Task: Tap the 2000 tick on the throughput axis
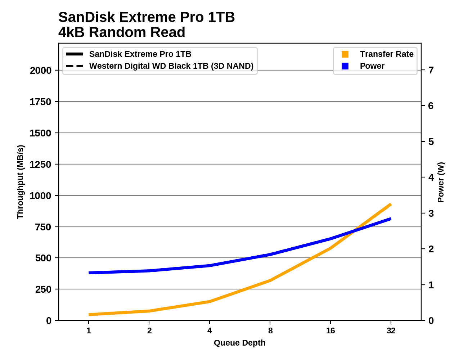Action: pyautogui.click(x=41, y=71)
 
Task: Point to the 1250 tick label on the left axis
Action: pyautogui.click(x=41, y=165)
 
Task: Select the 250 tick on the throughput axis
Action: pyautogui.click(x=43, y=289)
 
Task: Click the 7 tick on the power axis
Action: pyautogui.click(x=431, y=70)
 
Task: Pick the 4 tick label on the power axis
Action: pyautogui.click(x=431, y=177)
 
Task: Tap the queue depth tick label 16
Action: pyautogui.click(x=330, y=330)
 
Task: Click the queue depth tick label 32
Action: pyautogui.click(x=391, y=330)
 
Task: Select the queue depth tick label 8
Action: pyautogui.click(x=270, y=330)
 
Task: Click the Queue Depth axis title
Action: pyautogui.click(x=240, y=343)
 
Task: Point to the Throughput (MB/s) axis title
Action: pyautogui.click(x=20, y=182)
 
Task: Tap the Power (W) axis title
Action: pyautogui.click(x=441, y=182)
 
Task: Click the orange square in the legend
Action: pyautogui.click(x=345, y=54)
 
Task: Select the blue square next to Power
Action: pyautogui.click(x=345, y=66)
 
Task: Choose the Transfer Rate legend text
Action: pyautogui.click(x=387, y=54)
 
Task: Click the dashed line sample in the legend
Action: pyautogui.click(x=75, y=66)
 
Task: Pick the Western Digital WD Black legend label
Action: pyautogui.click(x=171, y=66)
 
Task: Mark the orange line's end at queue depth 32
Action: pyautogui.click(x=391, y=204)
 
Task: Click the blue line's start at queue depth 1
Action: pyautogui.click(x=89, y=273)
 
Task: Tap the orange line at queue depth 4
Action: pyautogui.click(x=210, y=301)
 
